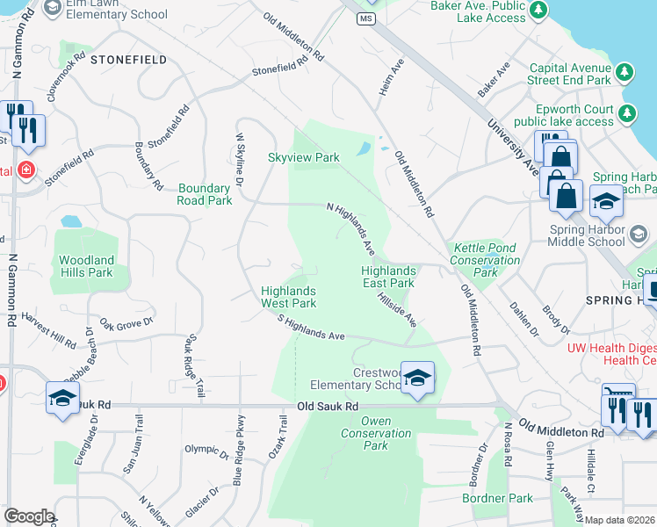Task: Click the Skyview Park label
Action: [x=303, y=157]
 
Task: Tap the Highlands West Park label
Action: [x=288, y=297]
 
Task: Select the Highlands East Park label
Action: [x=388, y=278]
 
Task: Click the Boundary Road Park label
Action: [x=205, y=194]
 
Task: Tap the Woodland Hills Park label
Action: [x=86, y=266]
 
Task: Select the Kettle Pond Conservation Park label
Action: [x=486, y=261]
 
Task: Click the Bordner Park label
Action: [x=497, y=498]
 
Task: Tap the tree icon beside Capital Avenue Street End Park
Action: [x=625, y=71]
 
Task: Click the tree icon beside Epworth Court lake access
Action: [x=628, y=113]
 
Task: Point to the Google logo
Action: [x=28, y=516]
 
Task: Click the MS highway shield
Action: [x=366, y=18]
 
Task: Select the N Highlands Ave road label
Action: [x=351, y=227]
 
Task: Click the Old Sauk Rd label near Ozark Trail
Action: [x=328, y=407]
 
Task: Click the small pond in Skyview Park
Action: [x=364, y=149]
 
